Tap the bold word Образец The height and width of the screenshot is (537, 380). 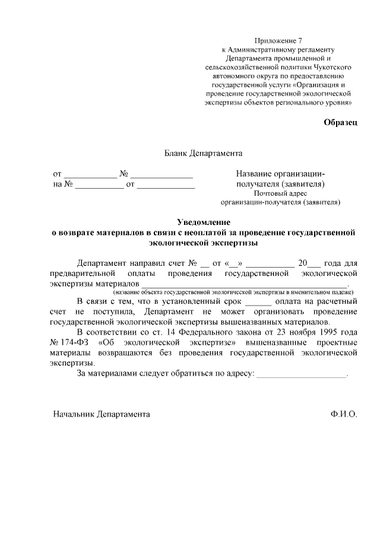(340, 122)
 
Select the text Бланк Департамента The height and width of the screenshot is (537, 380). (203, 153)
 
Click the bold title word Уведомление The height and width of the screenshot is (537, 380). (203, 222)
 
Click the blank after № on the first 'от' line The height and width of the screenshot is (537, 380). (161, 174)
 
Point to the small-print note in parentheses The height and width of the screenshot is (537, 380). (233, 293)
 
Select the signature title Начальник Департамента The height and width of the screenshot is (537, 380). (102, 414)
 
